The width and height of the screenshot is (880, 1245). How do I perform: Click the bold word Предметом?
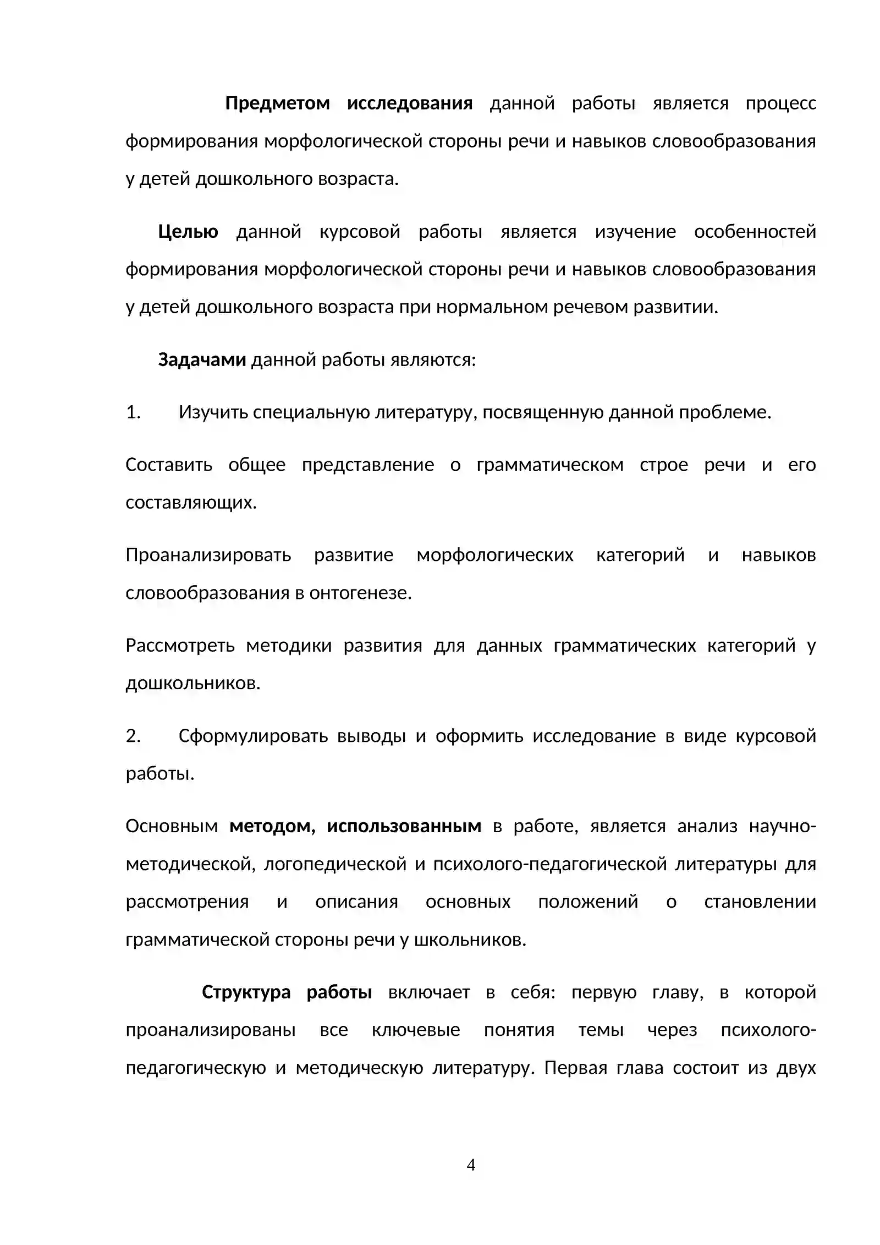coord(277,103)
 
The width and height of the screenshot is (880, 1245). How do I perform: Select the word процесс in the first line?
coord(780,103)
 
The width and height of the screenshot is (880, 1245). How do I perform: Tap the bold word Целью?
coord(188,232)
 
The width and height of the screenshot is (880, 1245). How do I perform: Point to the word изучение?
coord(635,232)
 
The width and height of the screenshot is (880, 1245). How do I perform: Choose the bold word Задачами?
coord(202,360)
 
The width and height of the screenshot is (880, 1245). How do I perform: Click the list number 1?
coord(133,412)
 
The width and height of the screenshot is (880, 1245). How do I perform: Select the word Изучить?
coord(213,412)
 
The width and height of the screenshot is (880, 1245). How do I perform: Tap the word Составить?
coord(169,465)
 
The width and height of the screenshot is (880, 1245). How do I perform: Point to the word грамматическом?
coord(550,465)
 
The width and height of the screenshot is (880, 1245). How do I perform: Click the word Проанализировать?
coord(208,555)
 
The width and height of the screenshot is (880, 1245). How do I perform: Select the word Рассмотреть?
coord(180,645)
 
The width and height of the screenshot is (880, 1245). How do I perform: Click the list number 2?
coord(133,736)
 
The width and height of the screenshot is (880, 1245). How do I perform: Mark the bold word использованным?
coord(404,826)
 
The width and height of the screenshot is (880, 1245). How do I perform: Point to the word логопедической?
coord(335,864)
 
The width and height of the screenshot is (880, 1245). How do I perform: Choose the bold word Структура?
coord(246,992)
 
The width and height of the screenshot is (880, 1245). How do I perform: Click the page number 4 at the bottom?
coord(471,1165)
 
